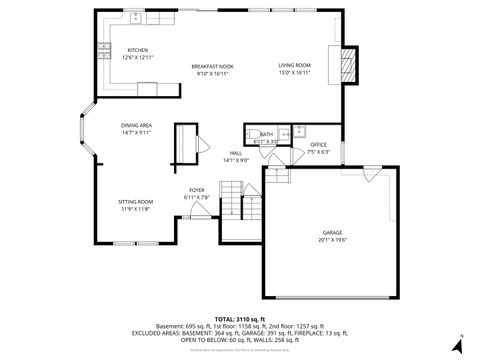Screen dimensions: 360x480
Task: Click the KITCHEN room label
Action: pyautogui.click(x=137, y=50)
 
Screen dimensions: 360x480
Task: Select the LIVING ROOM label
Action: pyautogui.click(x=294, y=66)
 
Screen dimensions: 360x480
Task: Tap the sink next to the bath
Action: pyautogui.click(x=297, y=131)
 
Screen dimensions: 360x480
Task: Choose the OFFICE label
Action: pyautogui.click(x=318, y=145)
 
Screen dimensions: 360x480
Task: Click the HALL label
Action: pyautogui.click(x=236, y=153)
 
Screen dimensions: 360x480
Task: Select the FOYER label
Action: pyautogui.click(x=197, y=190)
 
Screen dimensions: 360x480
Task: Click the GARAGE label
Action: pyautogui.click(x=332, y=232)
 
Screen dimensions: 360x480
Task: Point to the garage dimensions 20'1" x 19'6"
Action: pyautogui.click(x=332, y=240)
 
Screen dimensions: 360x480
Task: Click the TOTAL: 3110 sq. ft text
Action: pyautogui.click(x=239, y=319)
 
